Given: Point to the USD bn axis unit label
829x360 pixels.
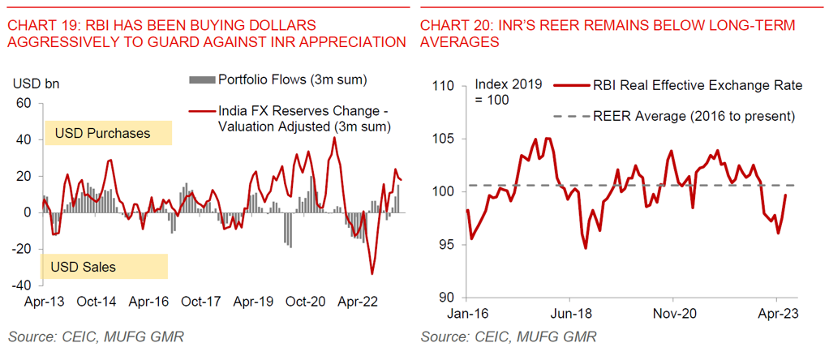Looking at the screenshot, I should pos(36,84).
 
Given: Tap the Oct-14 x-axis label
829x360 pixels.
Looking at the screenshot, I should pos(97,302).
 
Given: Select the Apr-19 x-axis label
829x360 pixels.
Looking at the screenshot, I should pos(254,302).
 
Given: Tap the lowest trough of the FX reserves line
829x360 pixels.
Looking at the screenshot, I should pos(372,274).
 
